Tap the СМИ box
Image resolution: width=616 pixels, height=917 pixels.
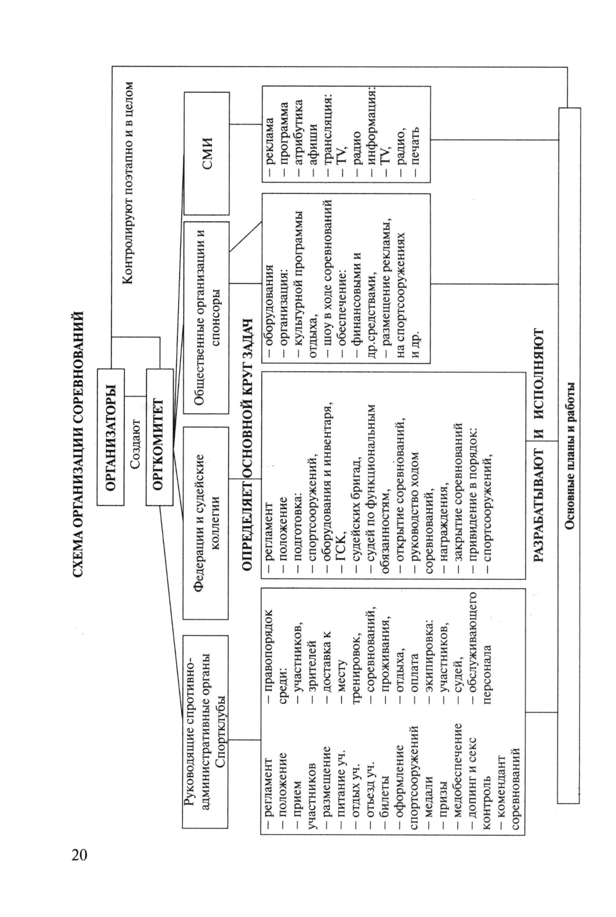tap(207, 152)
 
